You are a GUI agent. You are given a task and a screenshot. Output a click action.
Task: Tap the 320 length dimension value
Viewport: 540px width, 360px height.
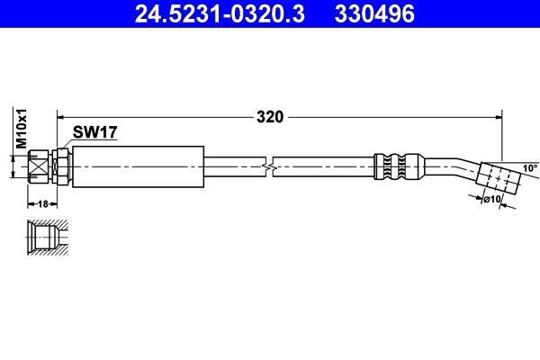coord(270,116)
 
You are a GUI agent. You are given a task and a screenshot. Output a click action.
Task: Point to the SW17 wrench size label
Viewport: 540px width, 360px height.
coord(96,132)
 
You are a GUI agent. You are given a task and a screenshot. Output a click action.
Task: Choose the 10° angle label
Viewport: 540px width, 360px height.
coord(530,168)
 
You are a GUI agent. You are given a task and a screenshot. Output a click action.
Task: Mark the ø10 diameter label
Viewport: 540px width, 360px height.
coord(492,199)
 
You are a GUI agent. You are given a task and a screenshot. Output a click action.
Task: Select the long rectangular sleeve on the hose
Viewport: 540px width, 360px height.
coord(137,166)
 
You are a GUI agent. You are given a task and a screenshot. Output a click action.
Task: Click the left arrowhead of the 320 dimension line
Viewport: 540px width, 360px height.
coord(62,116)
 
